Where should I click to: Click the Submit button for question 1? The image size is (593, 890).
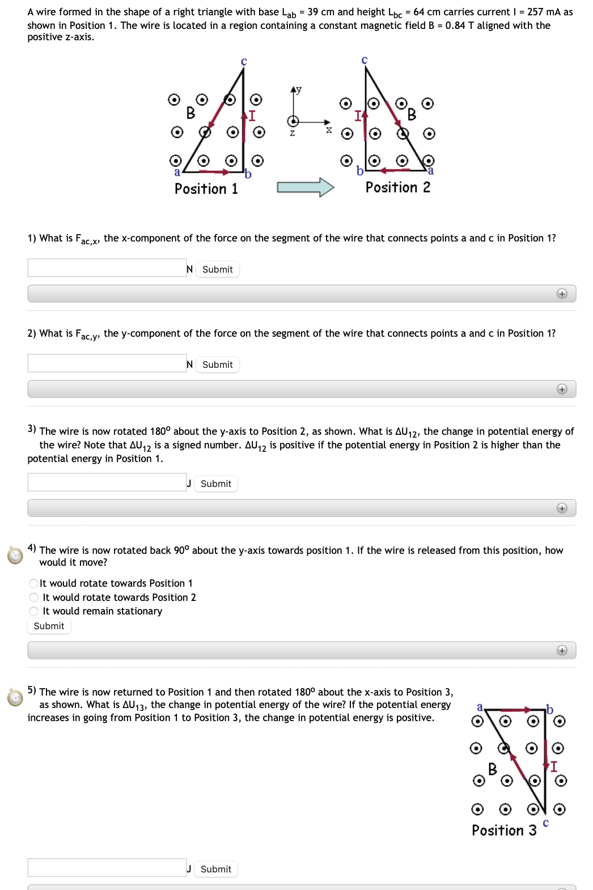(x=218, y=269)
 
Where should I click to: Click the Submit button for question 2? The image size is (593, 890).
(x=218, y=365)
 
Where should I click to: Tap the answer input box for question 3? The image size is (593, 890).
(x=107, y=482)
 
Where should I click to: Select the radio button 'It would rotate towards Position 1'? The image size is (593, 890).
(x=34, y=583)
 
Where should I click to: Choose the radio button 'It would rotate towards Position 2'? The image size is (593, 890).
(x=34, y=597)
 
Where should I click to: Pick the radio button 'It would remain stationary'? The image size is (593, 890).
(x=34, y=611)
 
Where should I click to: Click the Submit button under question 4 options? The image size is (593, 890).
(x=49, y=626)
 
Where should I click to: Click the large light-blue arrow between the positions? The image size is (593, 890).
(x=305, y=187)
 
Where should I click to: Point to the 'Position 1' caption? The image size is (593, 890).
(x=206, y=189)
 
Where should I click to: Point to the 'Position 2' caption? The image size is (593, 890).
(x=397, y=188)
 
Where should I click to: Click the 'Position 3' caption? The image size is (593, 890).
(x=504, y=830)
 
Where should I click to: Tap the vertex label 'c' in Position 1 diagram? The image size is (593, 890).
(x=244, y=61)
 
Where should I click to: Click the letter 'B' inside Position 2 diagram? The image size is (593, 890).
(x=412, y=115)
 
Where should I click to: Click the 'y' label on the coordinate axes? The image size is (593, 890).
(x=299, y=90)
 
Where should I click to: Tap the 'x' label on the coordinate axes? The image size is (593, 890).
(x=328, y=130)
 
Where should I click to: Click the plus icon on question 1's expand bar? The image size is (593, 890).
(x=562, y=294)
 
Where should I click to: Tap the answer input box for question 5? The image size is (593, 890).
(x=107, y=867)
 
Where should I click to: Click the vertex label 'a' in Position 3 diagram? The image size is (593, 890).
(x=480, y=706)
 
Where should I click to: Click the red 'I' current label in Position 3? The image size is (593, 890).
(x=554, y=766)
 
